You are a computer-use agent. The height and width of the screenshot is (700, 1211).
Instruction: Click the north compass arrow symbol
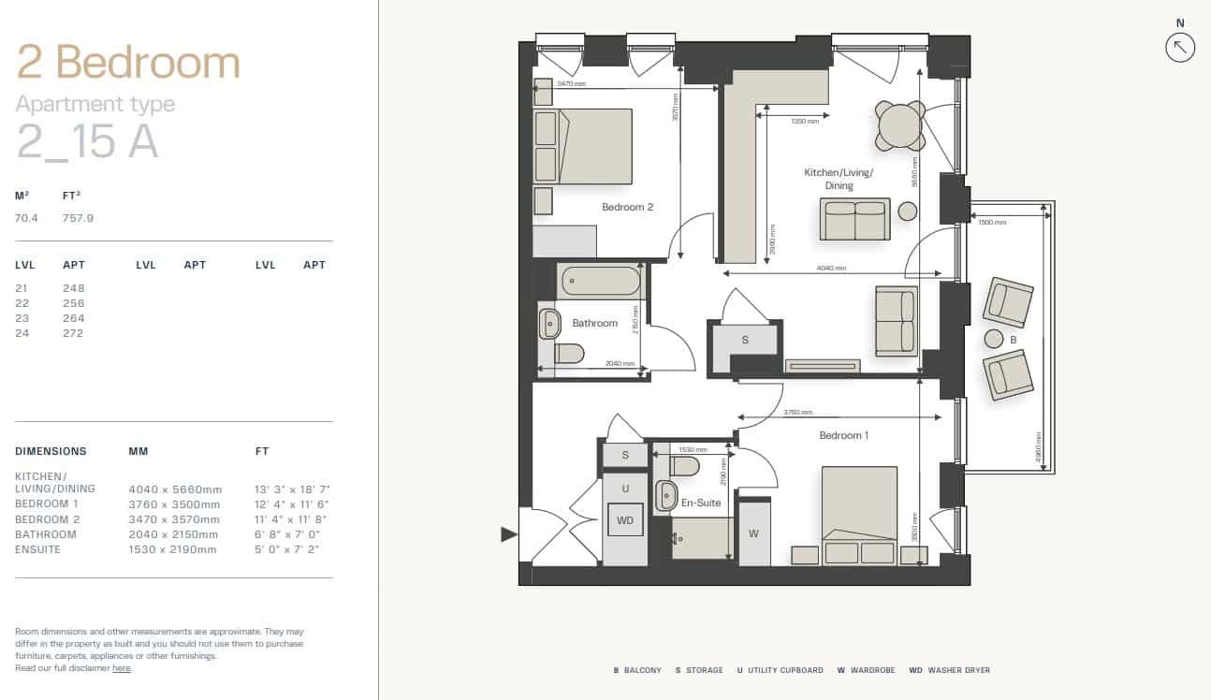1180,47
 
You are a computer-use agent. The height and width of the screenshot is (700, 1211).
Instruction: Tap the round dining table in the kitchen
900,125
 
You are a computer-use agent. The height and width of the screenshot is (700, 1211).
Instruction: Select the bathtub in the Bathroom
600,281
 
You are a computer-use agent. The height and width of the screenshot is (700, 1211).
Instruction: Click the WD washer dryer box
625,519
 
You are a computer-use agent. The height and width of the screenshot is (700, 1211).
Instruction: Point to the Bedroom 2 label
627,207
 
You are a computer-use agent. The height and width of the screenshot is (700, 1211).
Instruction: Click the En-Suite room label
700,503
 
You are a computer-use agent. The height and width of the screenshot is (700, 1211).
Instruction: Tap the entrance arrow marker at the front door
509,534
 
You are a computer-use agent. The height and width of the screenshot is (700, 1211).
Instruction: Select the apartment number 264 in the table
74,318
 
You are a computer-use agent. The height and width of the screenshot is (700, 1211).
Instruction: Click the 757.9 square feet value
78,218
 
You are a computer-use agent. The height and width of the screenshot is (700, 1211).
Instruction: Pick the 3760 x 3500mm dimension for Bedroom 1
175,504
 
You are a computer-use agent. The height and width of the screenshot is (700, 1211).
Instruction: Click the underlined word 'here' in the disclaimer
122,668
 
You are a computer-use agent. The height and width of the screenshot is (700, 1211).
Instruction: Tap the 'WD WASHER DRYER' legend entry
949,670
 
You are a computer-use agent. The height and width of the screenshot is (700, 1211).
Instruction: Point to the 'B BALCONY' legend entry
637,670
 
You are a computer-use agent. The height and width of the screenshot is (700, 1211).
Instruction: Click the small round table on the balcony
994,339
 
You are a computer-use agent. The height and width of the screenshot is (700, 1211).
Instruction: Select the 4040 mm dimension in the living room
831,269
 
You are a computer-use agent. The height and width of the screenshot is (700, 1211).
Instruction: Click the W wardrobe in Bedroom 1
754,533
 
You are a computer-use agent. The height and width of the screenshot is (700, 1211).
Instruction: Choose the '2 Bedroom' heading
128,63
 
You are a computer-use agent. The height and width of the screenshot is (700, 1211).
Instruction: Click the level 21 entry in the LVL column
21,288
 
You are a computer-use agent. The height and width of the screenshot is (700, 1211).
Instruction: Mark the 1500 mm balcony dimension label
992,223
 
